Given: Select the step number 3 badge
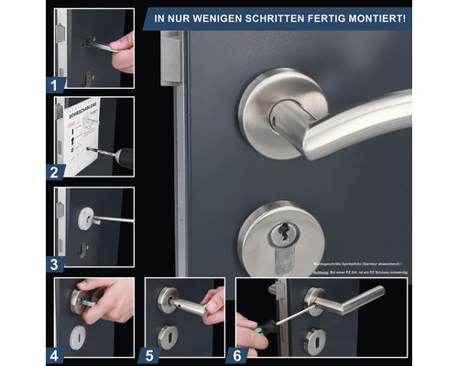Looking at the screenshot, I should [x=55, y=264].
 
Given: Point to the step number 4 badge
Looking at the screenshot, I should [x=55, y=351].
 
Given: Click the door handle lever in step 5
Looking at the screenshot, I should [x=187, y=305].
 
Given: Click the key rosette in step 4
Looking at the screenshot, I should [x=79, y=334].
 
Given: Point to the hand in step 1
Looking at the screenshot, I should [x=123, y=49].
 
